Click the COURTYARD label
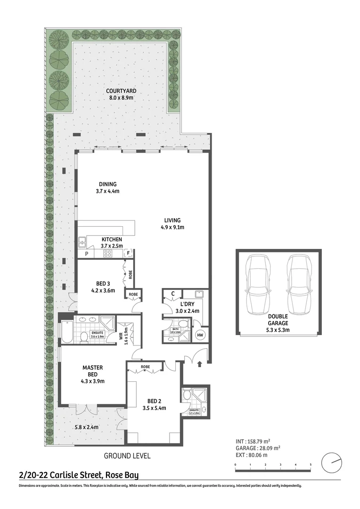(121, 91)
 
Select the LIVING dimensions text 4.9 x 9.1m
(172, 227)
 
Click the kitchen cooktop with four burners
(107, 254)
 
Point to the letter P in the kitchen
(86, 254)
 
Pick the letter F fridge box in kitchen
(127, 254)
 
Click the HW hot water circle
(200, 335)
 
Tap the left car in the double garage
(257, 287)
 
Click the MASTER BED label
(92, 371)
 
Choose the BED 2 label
(154, 401)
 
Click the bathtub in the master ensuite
(67, 332)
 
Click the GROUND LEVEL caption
(127, 456)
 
